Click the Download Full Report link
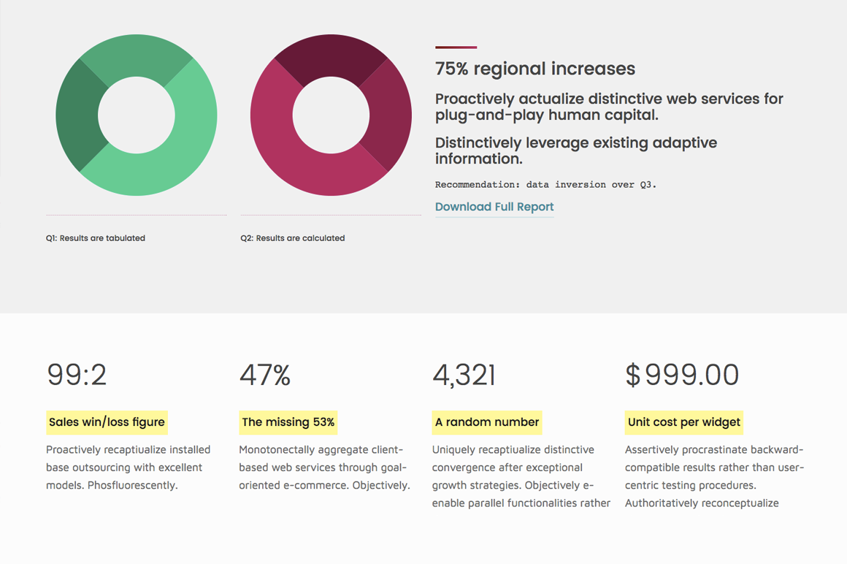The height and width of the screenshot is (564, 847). click(x=494, y=207)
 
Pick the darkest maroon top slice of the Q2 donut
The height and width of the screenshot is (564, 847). click(x=331, y=55)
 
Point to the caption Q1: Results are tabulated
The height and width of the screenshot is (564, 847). click(x=96, y=238)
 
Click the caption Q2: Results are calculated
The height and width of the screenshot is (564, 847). click(x=293, y=238)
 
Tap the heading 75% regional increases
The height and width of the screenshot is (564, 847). click(x=535, y=69)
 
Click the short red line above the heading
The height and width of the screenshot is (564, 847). click(x=456, y=47)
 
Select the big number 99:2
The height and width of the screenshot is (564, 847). click(x=77, y=375)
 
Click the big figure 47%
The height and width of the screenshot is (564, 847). click(x=265, y=375)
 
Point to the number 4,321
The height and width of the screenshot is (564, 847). click(x=464, y=375)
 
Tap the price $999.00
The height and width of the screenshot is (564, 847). click(x=682, y=375)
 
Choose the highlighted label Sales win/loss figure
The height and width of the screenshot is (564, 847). click(x=107, y=422)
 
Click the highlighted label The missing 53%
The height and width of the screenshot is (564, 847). click(x=288, y=422)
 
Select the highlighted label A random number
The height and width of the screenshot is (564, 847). click(x=487, y=422)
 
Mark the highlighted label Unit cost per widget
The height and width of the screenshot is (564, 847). click(x=684, y=422)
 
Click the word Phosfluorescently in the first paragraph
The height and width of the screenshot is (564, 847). click(x=133, y=485)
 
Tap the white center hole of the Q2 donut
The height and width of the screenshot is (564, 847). click(x=331, y=115)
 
